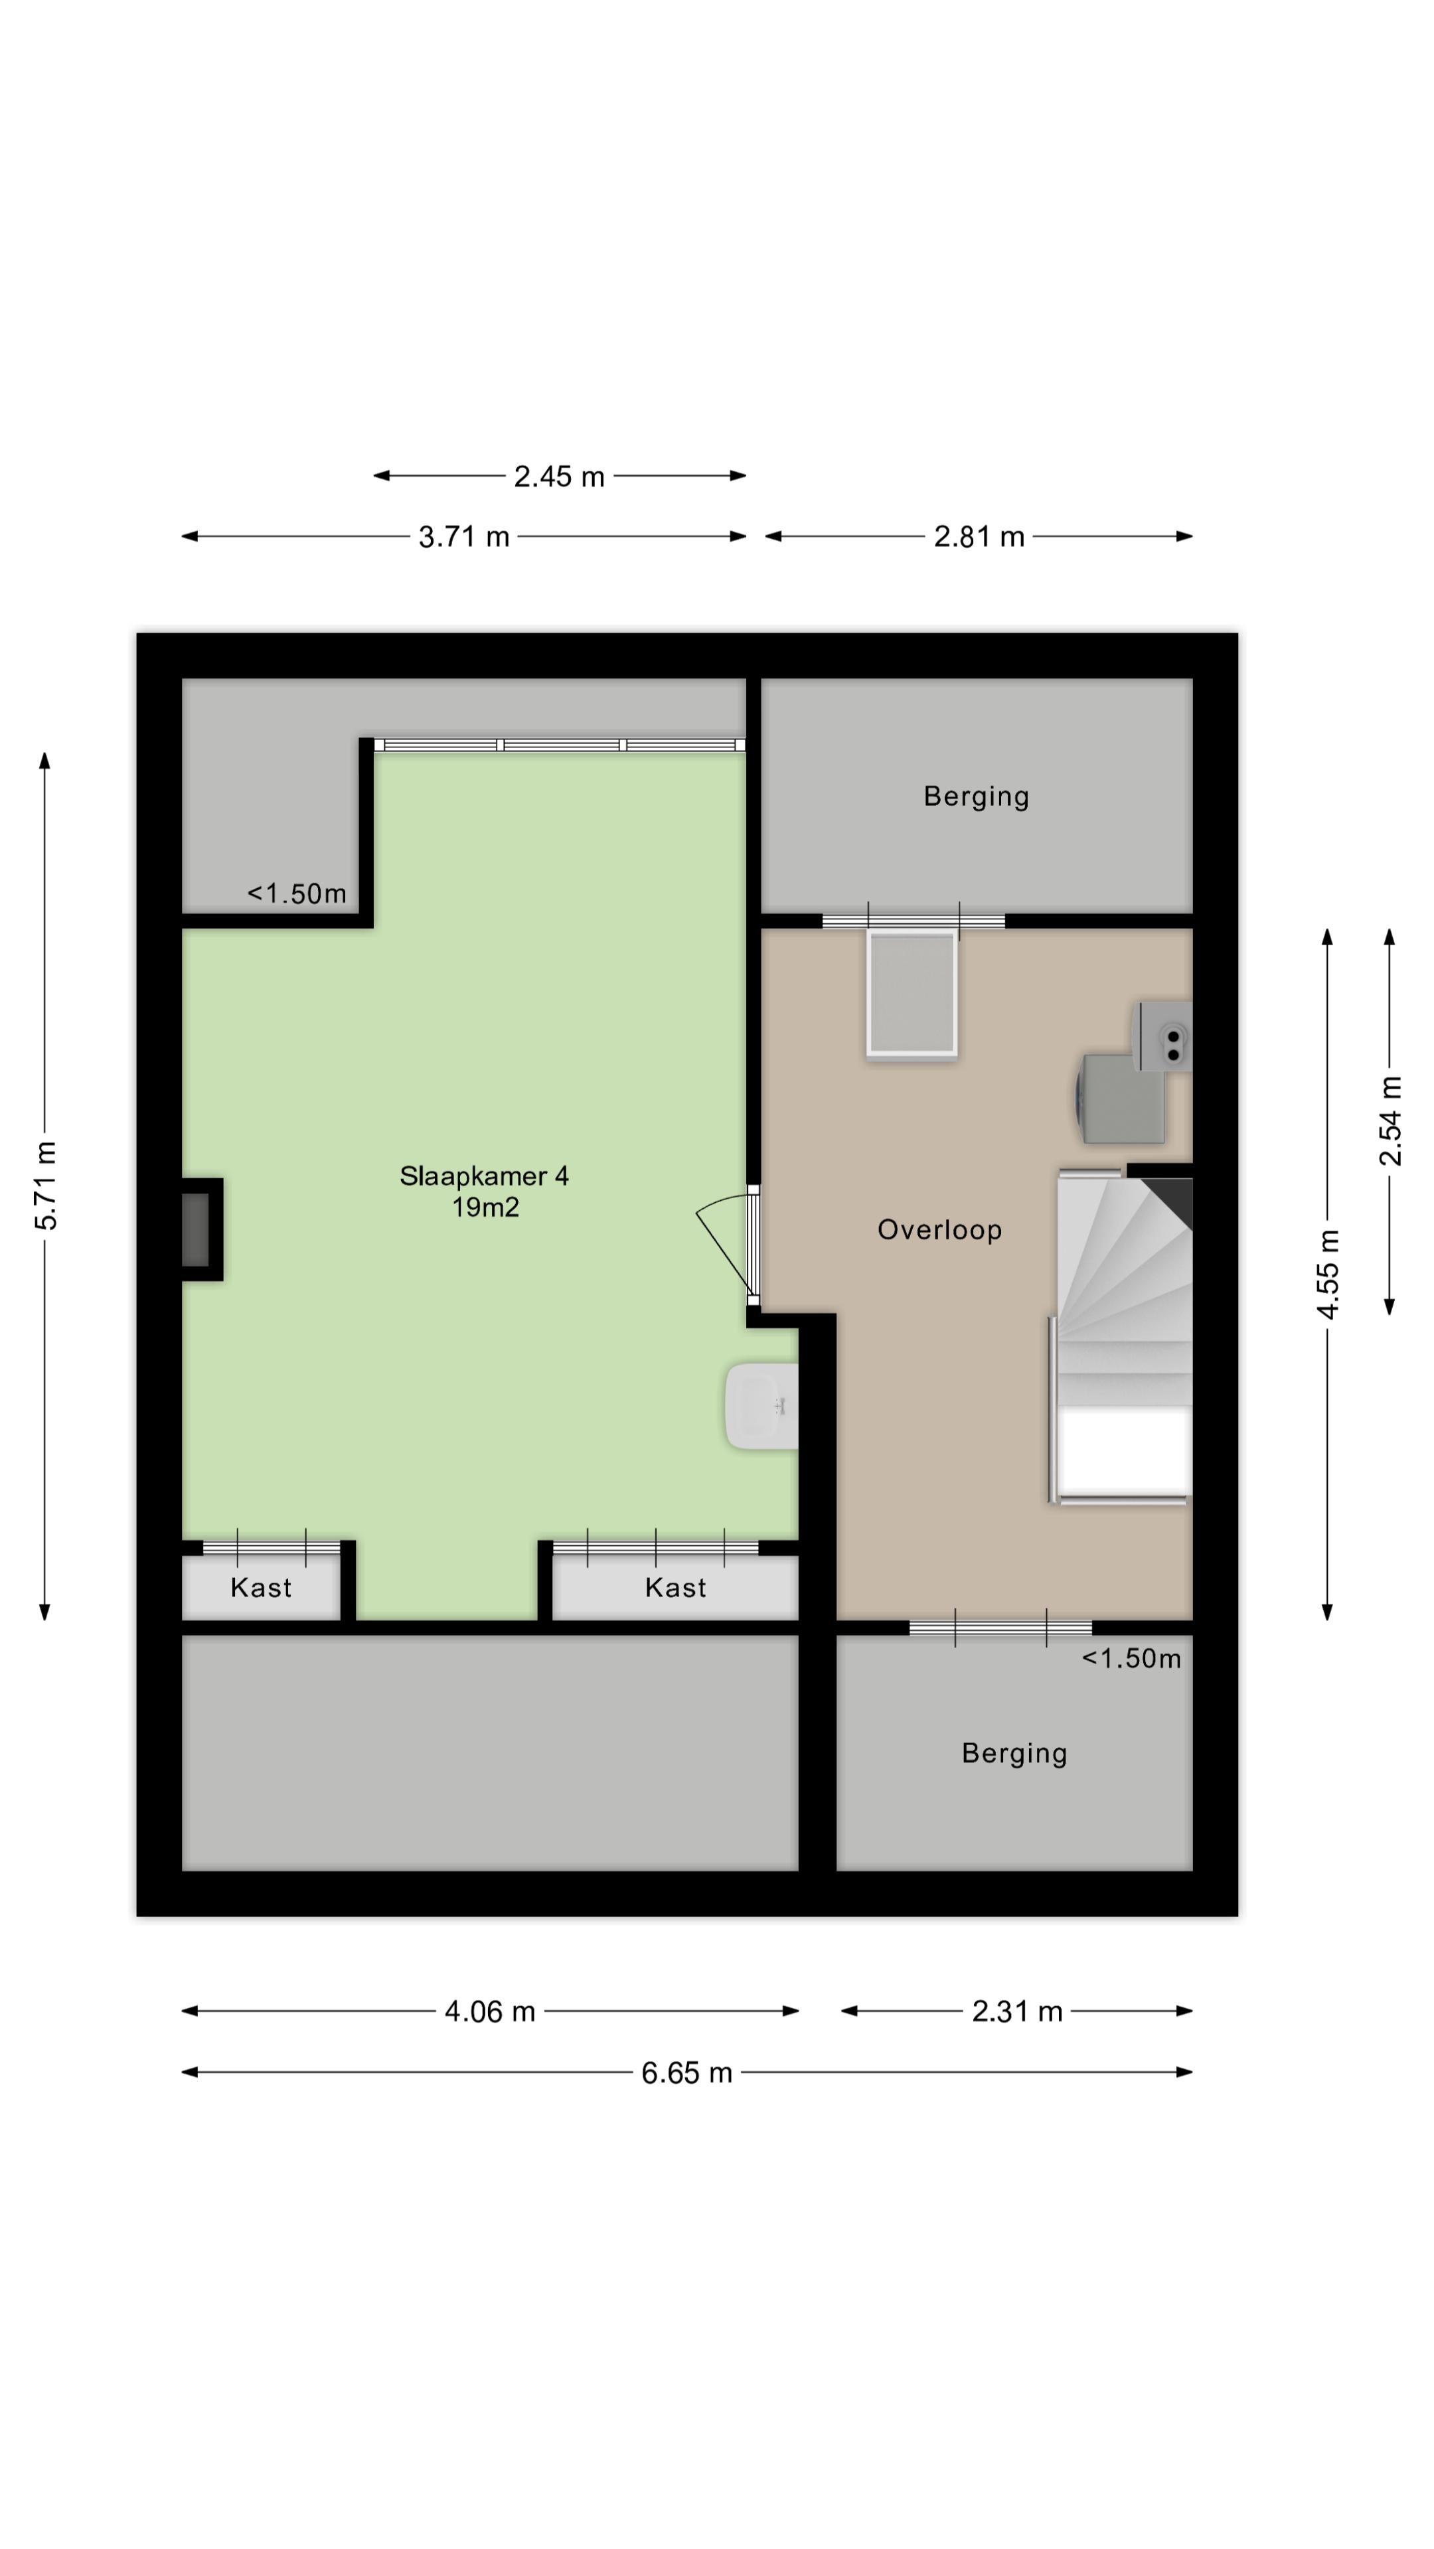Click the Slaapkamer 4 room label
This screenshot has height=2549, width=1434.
click(x=484, y=1176)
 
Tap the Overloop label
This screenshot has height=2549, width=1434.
click(x=939, y=1230)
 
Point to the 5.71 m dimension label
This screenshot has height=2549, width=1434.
click(x=46, y=1186)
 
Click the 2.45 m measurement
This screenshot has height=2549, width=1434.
click(x=558, y=477)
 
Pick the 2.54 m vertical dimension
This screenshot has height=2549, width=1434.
click(x=1390, y=1121)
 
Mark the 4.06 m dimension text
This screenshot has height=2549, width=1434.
click(x=490, y=2012)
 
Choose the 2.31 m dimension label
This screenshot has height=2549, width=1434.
click(x=1016, y=2012)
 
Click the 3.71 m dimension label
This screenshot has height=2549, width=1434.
click(x=463, y=537)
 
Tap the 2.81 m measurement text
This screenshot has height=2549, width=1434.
click(x=979, y=537)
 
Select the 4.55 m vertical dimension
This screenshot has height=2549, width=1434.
click(x=1328, y=1274)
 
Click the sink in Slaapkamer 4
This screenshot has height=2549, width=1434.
click(x=762, y=1406)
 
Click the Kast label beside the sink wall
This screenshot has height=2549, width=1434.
click(x=676, y=1588)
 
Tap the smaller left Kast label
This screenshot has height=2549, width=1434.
click(x=262, y=1588)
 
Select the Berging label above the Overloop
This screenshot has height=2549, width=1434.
click(x=977, y=797)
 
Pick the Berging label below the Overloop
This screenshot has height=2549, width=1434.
click(x=1014, y=1753)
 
